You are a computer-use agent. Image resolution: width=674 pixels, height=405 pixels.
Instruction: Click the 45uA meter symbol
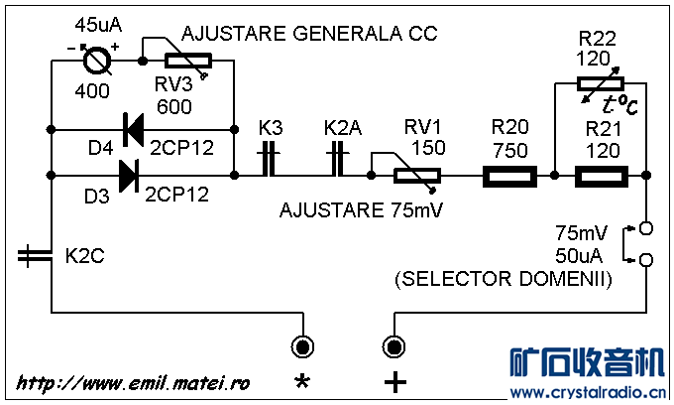click(96, 61)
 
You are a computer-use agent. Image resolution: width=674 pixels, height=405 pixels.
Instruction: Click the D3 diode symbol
click(129, 176)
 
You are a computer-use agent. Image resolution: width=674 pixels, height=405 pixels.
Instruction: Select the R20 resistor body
click(509, 177)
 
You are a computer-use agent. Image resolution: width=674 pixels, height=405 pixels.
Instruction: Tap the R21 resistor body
click(601, 177)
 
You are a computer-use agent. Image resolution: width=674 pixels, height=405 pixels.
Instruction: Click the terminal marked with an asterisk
click(301, 346)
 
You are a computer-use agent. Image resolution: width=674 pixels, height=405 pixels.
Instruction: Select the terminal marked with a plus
click(393, 346)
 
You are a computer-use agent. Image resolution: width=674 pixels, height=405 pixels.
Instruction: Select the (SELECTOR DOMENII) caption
click(503, 280)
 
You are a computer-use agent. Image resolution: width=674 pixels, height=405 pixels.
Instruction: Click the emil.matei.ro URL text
click(133, 382)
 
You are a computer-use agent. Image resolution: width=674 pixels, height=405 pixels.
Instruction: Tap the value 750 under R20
click(509, 149)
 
